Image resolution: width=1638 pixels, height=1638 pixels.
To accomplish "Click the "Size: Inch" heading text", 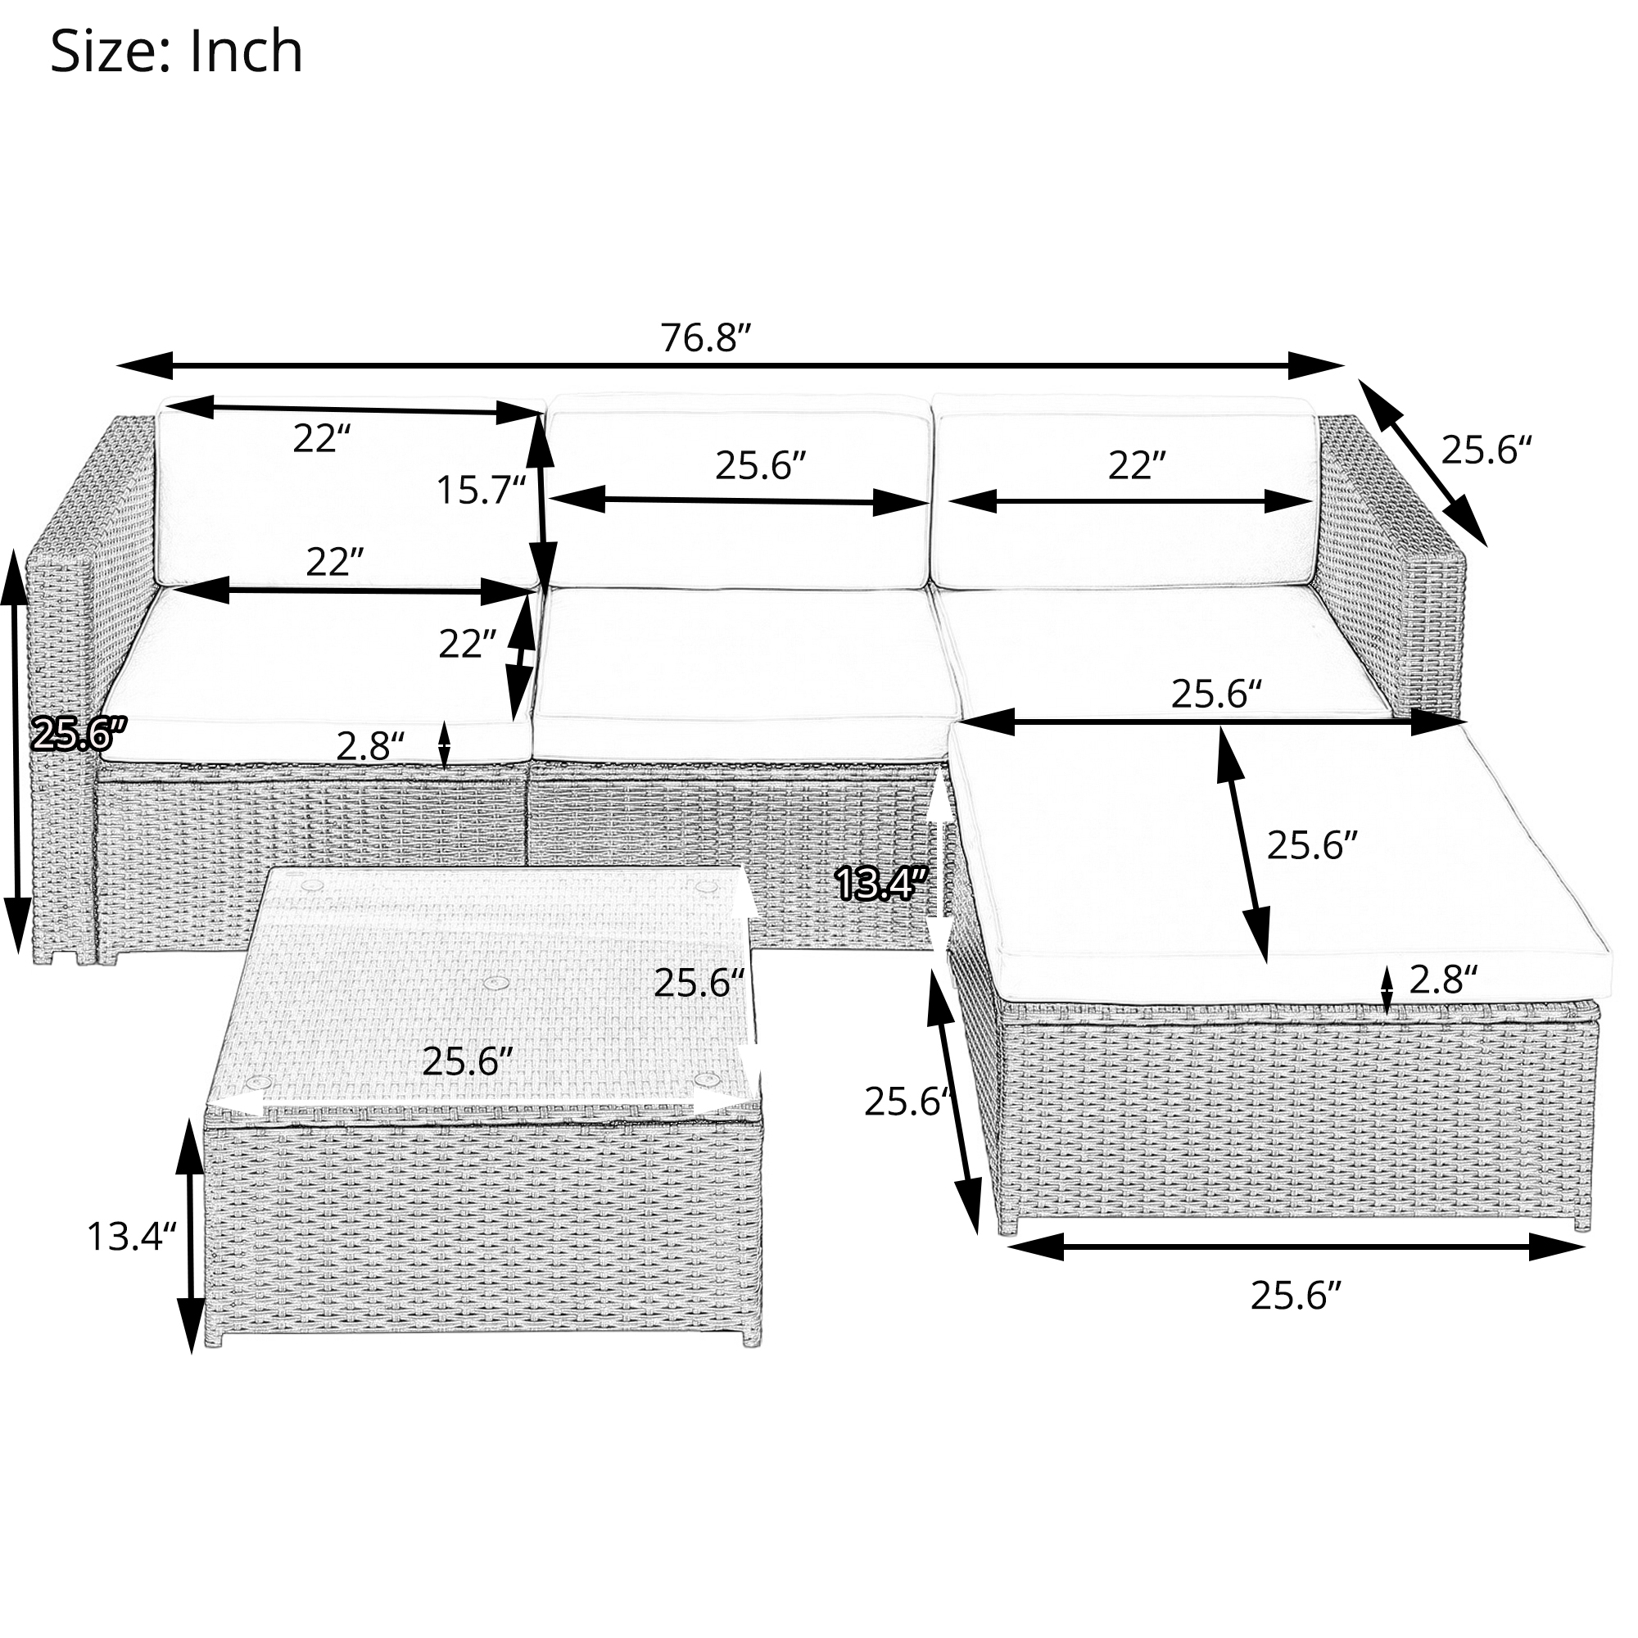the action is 176,52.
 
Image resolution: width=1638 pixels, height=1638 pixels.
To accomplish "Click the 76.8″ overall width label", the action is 707,338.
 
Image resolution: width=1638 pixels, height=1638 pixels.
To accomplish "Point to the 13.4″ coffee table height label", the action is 131,1236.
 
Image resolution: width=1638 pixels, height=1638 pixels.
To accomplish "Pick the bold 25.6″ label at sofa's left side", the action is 78,732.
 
